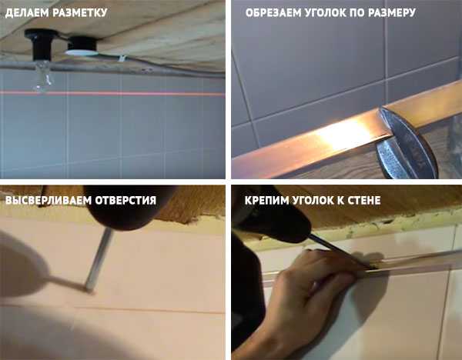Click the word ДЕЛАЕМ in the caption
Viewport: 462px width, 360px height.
(27, 13)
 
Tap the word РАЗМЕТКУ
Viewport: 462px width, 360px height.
(80, 13)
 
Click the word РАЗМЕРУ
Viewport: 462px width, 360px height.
(392, 13)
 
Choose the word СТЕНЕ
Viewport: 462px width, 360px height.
(364, 200)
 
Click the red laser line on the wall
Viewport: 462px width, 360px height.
(112, 94)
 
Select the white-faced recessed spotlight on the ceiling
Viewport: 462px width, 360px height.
(82, 46)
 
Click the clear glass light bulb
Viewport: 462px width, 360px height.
(43, 75)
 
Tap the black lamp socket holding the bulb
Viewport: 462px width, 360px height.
(42, 44)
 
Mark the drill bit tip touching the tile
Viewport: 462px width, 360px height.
(89, 291)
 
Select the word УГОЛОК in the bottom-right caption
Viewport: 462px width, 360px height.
(313, 200)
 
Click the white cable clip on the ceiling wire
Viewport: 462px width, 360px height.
(122, 58)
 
